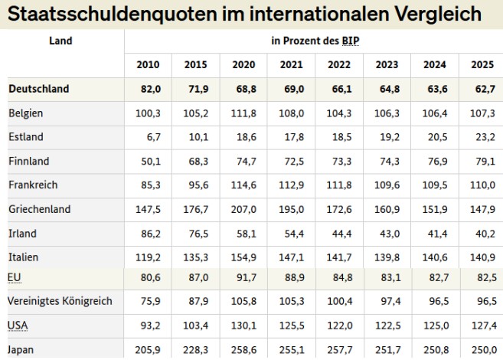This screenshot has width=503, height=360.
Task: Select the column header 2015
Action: (x=195, y=64)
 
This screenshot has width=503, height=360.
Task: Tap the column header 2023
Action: (x=387, y=64)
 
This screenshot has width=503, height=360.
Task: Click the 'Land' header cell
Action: (x=60, y=41)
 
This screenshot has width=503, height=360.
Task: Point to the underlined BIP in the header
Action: (x=351, y=41)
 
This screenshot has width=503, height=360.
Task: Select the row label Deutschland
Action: (x=39, y=89)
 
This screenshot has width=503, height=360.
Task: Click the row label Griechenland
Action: (x=40, y=209)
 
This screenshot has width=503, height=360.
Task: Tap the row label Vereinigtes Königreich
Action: (x=60, y=301)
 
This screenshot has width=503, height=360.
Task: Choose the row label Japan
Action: (x=22, y=349)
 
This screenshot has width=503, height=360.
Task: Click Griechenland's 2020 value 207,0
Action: (x=243, y=209)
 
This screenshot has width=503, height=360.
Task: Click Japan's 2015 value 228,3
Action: (x=195, y=349)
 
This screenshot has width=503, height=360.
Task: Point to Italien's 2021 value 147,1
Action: (x=291, y=257)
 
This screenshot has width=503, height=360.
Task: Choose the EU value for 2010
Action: (x=149, y=277)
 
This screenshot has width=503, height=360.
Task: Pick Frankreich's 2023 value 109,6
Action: (x=387, y=185)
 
